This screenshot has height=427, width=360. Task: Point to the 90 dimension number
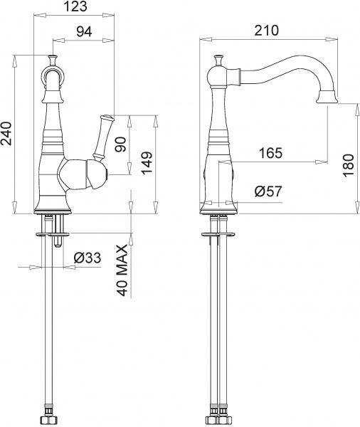(x=120, y=145)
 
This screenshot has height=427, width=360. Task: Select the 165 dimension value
(x=270, y=152)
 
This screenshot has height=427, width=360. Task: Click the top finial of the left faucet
(x=52, y=59)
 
